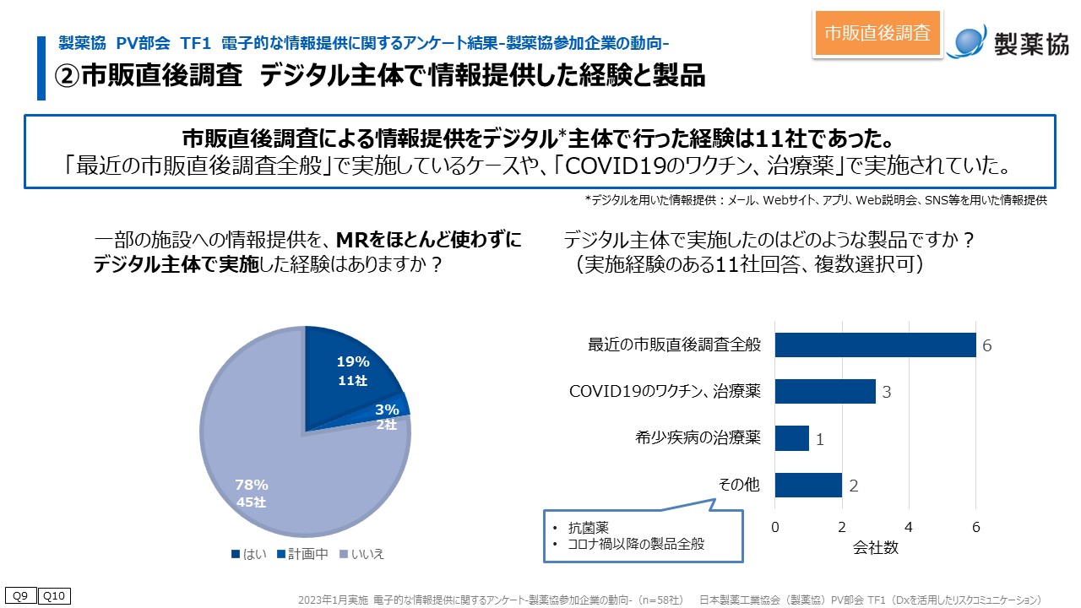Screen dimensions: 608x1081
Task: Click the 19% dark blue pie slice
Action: pyautogui.click(x=346, y=372)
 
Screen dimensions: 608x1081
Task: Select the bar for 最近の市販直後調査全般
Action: pyautogui.click(x=875, y=345)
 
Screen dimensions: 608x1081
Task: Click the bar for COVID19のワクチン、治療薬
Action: pyautogui.click(x=824, y=392)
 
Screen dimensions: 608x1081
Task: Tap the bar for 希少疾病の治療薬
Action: pyautogui.click(x=791, y=438)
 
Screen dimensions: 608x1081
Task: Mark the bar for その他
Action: pyautogui.click(x=807, y=485)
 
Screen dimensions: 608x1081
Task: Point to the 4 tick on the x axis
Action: pyautogui.click(x=909, y=527)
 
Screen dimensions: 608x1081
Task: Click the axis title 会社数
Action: pyautogui.click(x=875, y=547)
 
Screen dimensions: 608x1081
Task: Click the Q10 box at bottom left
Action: pyautogui.click(x=54, y=596)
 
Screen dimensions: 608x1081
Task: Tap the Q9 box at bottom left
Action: pyautogui.click(x=20, y=596)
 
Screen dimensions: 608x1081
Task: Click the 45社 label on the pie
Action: pyautogui.click(x=251, y=504)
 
